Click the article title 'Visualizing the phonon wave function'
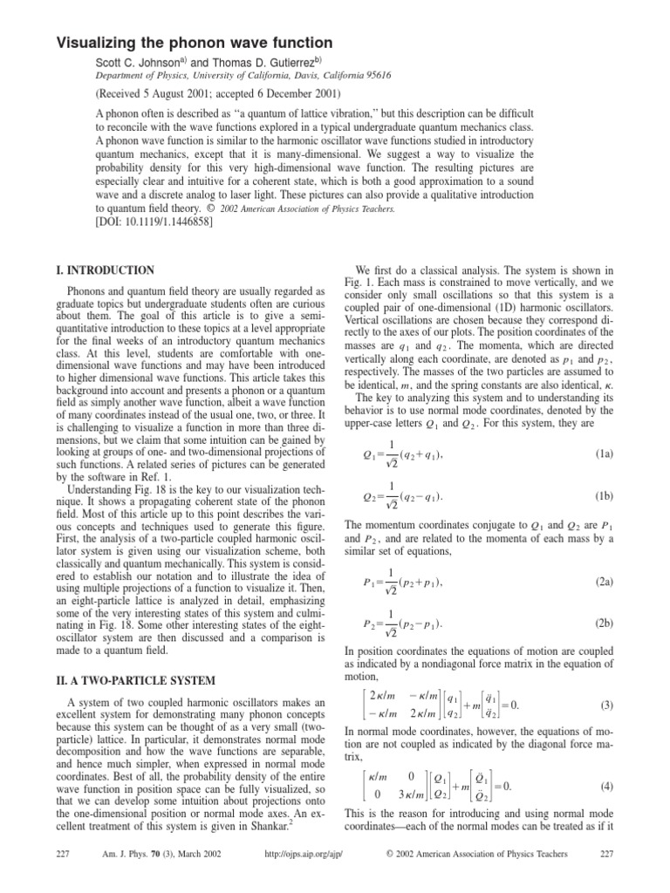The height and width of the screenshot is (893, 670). point(195,42)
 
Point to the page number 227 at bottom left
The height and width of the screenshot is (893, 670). point(64,877)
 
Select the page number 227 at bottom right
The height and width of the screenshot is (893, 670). point(607,877)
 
